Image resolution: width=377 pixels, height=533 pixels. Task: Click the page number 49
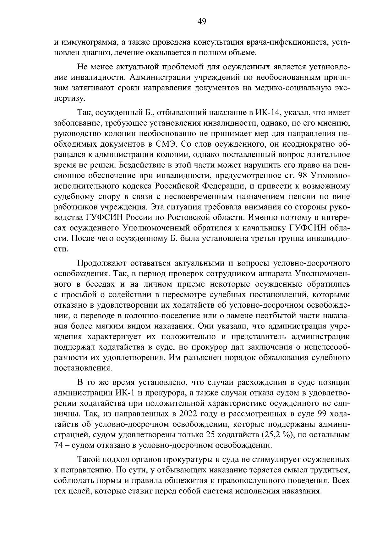[x=202, y=21]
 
